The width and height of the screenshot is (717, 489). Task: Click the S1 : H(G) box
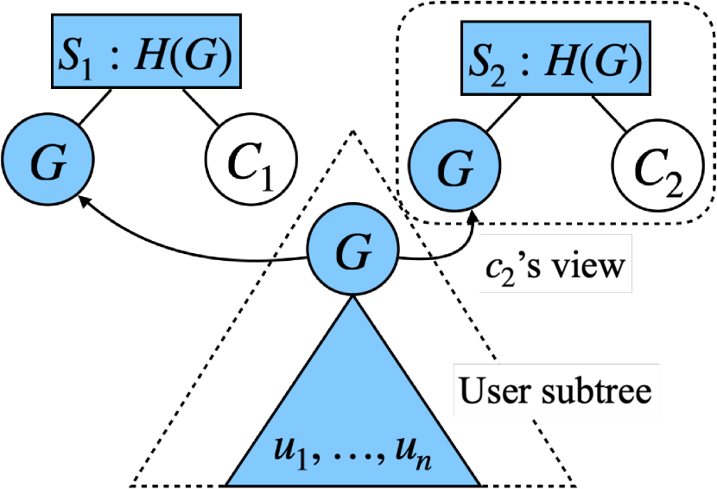146,51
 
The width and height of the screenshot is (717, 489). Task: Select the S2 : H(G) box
555,58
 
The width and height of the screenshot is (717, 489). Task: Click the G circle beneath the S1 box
48,162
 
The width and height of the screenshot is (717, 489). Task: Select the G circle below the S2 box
454,166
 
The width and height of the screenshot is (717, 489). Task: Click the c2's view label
555,264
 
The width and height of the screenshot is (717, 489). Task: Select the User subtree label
554,391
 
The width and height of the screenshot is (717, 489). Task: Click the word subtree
595,391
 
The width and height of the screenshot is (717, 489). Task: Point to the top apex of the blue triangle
352,300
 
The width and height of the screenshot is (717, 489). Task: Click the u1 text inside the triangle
290,453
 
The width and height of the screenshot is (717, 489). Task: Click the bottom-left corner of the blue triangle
231,482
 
